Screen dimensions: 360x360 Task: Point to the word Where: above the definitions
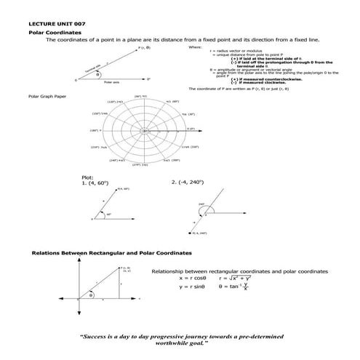(195, 47)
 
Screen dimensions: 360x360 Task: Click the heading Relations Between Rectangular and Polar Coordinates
(111, 253)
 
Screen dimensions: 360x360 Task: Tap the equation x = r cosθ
(193, 278)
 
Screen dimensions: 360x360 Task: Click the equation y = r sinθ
(193, 287)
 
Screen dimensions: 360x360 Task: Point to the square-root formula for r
(236, 278)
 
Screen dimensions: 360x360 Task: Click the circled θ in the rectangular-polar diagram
(91, 295)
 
